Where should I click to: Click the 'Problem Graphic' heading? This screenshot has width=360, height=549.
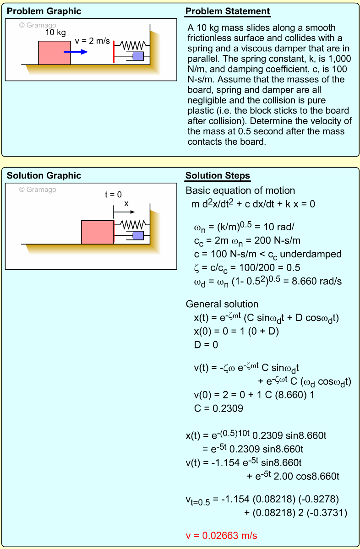tap(44, 11)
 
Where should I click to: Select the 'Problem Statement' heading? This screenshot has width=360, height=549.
tap(228, 11)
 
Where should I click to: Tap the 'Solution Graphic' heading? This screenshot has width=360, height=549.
tap(44, 176)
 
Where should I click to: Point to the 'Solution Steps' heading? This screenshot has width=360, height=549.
tap(218, 176)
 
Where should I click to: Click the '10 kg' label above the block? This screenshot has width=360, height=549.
tap(55, 33)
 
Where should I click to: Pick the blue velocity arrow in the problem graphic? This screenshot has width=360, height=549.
tap(76, 52)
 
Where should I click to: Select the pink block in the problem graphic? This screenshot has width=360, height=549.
tap(54, 53)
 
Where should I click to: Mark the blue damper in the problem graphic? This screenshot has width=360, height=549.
tap(137, 56)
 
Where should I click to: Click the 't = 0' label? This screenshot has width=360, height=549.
tap(113, 194)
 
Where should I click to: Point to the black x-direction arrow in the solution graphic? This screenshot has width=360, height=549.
tap(124, 212)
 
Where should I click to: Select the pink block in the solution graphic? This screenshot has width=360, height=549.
tap(97, 232)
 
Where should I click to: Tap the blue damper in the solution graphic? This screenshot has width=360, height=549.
tap(137, 235)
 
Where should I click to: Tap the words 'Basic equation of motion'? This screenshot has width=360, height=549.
tap(240, 190)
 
